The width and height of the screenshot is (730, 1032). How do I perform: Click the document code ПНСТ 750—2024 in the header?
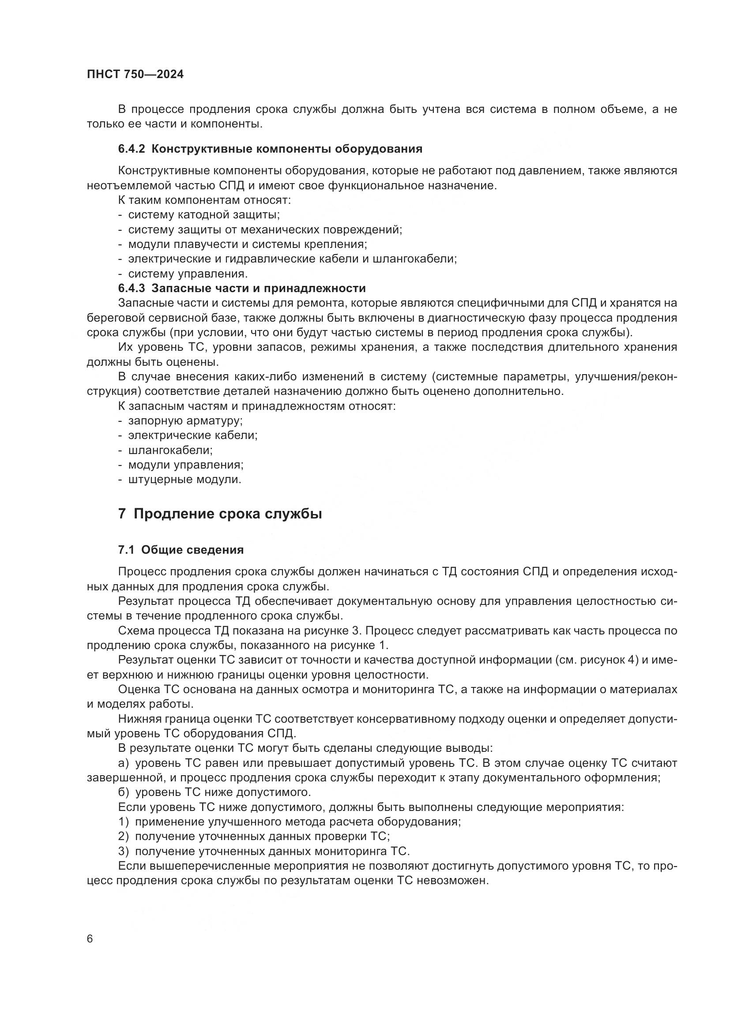click(135, 75)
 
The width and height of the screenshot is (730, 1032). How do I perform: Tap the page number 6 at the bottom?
click(90, 939)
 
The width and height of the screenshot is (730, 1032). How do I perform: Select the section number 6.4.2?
click(131, 149)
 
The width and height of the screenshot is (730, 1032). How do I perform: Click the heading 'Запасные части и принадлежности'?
click(259, 288)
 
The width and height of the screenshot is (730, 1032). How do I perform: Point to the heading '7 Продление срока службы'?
click(220, 514)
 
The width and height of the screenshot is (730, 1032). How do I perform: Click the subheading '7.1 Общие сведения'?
click(181, 550)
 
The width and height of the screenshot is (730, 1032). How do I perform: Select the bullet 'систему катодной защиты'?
click(203, 215)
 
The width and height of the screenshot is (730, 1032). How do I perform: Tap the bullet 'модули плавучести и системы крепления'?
click(247, 244)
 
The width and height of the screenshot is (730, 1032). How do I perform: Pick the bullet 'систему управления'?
click(188, 274)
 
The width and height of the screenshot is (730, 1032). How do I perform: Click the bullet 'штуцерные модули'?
click(184, 480)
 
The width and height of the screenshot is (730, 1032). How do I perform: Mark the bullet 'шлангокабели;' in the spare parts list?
click(170, 450)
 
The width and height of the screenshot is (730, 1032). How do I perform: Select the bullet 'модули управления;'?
click(186, 465)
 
